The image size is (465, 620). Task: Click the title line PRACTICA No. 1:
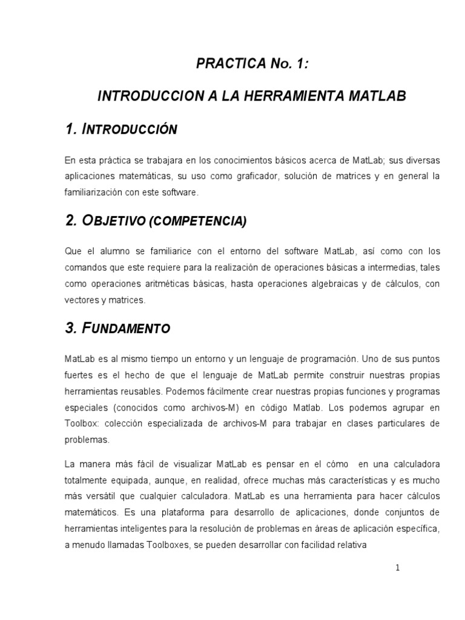(x=251, y=64)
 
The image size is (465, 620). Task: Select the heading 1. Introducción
(x=120, y=129)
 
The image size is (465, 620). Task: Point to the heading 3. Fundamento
(x=117, y=329)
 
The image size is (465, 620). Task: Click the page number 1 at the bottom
(x=398, y=568)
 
